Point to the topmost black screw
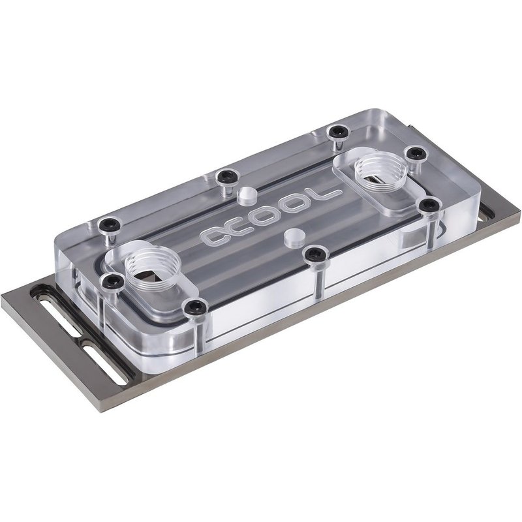coord(337,132)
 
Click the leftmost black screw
coord(107,226)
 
